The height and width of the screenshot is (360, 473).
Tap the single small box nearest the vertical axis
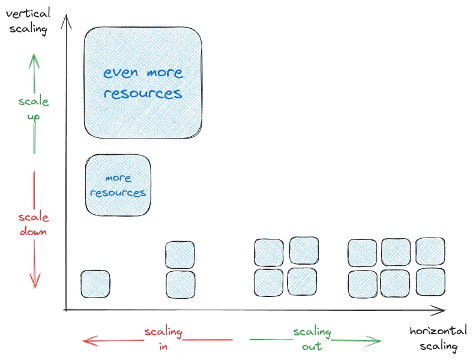tap(95, 284)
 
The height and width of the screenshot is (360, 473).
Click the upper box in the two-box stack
tap(180, 255)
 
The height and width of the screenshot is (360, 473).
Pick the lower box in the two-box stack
tap(180, 284)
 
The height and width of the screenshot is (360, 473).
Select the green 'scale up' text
tap(34, 108)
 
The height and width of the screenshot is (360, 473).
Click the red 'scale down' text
tap(33, 224)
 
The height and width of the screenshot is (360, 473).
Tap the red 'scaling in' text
tap(163, 339)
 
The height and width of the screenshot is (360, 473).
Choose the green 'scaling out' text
tap(312, 339)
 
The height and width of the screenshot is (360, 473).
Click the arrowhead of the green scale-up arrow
tap(34, 58)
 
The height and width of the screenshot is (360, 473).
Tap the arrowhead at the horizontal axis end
tap(443, 310)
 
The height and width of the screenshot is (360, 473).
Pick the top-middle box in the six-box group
tap(396, 253)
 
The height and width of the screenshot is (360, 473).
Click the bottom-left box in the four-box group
tap(268, 283)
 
